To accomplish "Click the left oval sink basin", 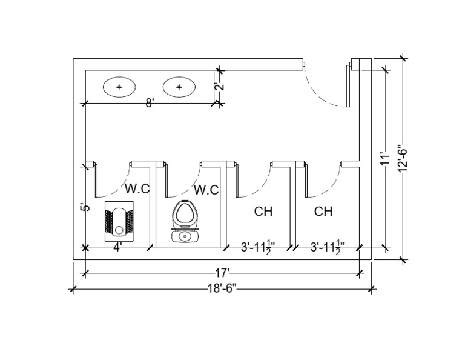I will [x=119, y=87].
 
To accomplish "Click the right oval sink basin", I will [x=179, y=87].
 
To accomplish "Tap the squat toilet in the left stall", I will [x=119, y=222].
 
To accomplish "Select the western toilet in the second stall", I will [x=185, y=222].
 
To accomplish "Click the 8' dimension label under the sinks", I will [x=149, y=102].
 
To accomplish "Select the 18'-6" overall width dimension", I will [x=221, y=289].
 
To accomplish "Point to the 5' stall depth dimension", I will [x=85, y=207].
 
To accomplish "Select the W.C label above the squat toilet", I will [x=137, y=188].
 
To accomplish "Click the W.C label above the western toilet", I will [x=206, y=190].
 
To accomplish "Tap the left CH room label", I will [x=263, y=212].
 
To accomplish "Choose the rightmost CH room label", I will [x=323, y=212].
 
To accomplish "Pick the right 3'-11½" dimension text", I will [x=325, y=247].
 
